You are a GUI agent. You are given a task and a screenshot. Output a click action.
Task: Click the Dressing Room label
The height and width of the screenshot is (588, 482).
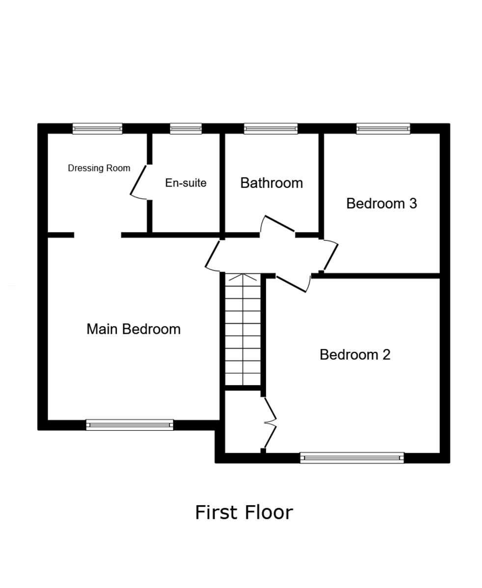(x=99, y=168)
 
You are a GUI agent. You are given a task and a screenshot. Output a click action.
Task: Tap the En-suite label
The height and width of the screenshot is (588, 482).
(x=186, y=183)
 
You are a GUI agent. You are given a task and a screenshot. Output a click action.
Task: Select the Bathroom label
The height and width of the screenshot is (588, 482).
(x=271, y=183)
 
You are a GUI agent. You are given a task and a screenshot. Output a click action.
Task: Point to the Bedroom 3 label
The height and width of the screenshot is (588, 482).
(x=381, y=203)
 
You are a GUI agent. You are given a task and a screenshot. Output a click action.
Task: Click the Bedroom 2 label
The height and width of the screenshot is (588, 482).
(x=355, y=354)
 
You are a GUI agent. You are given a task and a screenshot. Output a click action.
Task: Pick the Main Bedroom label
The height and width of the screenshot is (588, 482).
(x=134, y=329)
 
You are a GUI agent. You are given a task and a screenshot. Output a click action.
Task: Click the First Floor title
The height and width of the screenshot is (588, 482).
(x=244, y=513)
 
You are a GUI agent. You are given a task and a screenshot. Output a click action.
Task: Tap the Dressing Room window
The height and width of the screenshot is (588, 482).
(x=97, y=128)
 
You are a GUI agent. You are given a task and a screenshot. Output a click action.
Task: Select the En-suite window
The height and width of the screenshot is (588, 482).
(x=186, y=128)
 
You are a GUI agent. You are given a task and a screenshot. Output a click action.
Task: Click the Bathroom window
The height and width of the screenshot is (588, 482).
(x=270, y=128)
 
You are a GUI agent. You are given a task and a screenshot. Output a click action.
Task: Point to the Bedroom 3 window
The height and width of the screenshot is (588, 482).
(x=383, y=128)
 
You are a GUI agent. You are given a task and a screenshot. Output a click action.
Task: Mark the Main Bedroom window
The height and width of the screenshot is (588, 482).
(x=130, y=425)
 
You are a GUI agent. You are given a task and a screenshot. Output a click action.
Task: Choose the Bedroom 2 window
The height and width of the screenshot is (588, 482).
(x=352, y=458)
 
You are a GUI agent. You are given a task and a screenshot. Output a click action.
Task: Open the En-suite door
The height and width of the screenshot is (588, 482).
(x=139, y=182)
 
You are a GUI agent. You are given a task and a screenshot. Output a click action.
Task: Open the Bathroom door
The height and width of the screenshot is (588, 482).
(x=278, y=225)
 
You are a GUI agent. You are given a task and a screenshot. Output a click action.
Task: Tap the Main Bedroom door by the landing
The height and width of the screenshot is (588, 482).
(x=213, y=255)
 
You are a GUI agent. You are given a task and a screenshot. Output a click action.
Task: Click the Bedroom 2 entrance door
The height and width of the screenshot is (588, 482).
(x=293, y=284)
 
